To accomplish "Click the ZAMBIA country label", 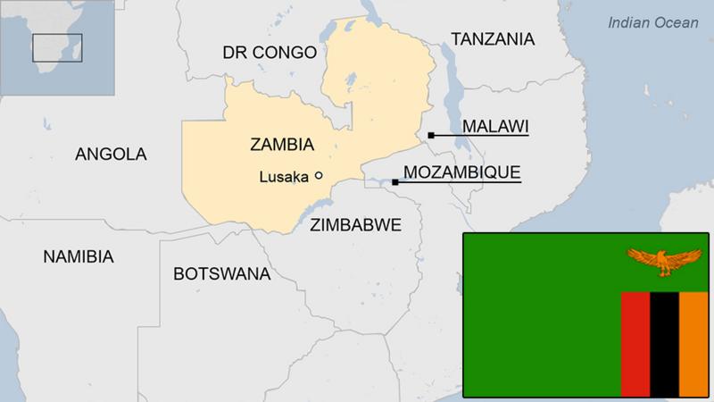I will coord(282,145).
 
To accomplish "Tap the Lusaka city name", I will coord(283,177).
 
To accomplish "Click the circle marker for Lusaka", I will coord(319,176).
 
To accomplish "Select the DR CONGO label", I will coord(270,53).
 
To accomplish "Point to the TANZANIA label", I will coord(493,39).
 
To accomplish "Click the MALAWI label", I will coord(494,126).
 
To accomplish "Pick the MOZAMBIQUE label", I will coord(461,172).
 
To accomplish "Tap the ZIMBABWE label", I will coord(355,224).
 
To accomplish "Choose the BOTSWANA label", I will coord(221,274).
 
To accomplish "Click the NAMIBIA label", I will coord(79,257).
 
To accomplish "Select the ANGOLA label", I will coord(111,155).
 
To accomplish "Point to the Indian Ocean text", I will coord(653,22).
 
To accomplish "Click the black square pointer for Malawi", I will coord(431,135).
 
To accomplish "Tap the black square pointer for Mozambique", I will coord(395,182).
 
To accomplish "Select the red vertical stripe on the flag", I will coord(635,343).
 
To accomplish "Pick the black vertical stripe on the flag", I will coord(664,343).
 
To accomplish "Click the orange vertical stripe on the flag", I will coord(693,343).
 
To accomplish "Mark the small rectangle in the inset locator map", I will coord(57,47).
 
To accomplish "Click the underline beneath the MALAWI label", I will coord(482,135).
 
